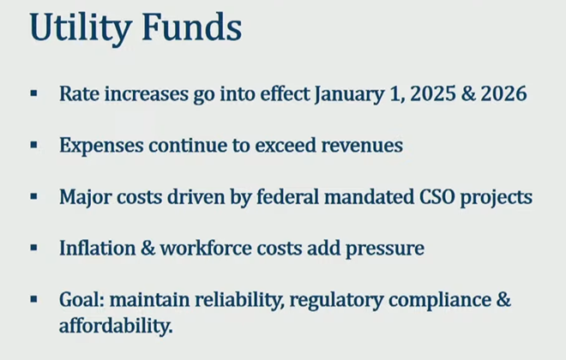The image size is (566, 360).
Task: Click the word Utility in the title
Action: (x=81, y=28)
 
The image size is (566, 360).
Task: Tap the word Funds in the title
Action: (x=192, y=27)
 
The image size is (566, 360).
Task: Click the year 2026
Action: (x=503, y=93)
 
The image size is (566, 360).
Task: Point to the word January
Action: (x=349, y=94)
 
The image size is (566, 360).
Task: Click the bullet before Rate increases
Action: (x=34, y=93)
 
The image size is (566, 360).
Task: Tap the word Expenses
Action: (x=101, y=146)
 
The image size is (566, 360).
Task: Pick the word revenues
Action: (x=362, y=147)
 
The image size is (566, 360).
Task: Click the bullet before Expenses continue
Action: (x=34, y=146)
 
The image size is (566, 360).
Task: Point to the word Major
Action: (x=86, y=198)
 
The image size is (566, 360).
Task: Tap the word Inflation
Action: (x=98, y=249)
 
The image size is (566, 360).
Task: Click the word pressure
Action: (x=385, y=249)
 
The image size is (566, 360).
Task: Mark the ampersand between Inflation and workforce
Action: (x=148, y=249)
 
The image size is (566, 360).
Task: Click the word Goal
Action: (x=82, y=300)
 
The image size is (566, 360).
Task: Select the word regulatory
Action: (x=336, y=301)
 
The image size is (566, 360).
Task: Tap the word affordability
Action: (x=116, y=326)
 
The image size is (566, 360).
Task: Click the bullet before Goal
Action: (x=34, y=299)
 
